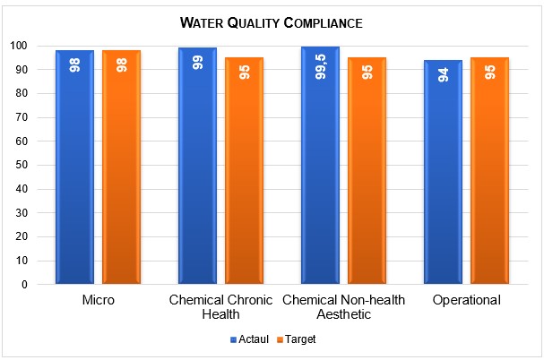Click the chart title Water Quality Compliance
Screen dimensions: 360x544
coord(272,21)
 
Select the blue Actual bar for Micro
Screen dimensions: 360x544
coord(74,170)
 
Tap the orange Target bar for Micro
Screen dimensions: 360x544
coord(121,170)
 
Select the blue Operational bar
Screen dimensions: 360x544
coord(443,175)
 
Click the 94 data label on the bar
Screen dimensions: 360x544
coord(443,74)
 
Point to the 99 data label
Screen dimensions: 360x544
coord(197,63)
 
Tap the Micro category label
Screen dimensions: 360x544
coord(98,299)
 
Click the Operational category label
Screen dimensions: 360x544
coord(466,299)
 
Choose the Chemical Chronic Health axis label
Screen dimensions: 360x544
coord(220,306)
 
